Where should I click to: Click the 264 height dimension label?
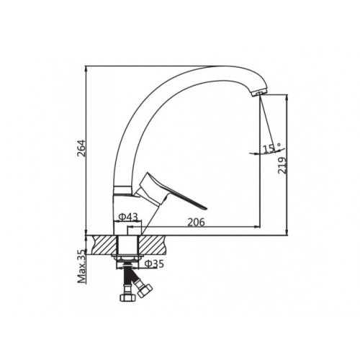point(82,148)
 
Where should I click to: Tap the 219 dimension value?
point(282,166)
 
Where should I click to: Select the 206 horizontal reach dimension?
point(196,222)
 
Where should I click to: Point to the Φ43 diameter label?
point(128,217)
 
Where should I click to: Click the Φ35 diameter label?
point(154,264)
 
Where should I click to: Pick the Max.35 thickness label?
point(82,266)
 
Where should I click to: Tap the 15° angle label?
point(272,149)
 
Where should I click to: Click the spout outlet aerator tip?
point(259,94)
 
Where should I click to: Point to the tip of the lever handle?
point(206,208)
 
